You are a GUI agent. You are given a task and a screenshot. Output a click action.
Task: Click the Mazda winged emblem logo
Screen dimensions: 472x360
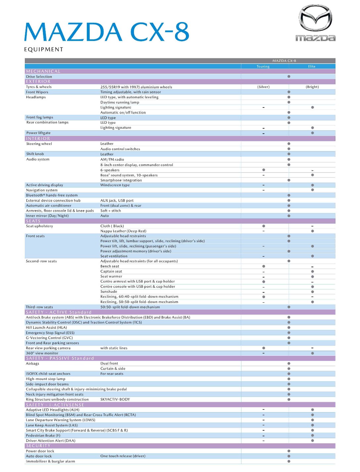pos(315,18)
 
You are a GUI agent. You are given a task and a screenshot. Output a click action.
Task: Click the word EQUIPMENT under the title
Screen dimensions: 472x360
pos(43,49)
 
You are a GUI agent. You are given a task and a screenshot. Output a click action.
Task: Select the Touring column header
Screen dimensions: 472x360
pos(263,66)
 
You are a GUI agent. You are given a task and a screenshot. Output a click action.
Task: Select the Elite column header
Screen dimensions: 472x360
pos(312,66)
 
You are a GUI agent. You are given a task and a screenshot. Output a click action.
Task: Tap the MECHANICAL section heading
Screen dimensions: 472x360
pos(43,71)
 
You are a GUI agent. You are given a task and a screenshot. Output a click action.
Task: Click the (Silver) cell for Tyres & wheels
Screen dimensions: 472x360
pos(263,87)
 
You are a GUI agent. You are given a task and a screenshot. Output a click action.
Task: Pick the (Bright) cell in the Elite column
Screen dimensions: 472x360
pos(312,87)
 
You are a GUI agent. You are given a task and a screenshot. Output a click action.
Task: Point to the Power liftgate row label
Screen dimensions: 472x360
pos(38,133)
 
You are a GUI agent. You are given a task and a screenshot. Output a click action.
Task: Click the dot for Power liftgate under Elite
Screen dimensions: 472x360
pos(312,133)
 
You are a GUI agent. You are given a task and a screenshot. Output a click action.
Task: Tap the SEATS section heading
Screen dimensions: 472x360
pos(33,221)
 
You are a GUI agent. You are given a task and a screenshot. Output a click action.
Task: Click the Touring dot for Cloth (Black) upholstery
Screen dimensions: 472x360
pos(263,226)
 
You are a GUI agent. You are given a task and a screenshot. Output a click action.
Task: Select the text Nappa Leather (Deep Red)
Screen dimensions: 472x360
pos(123,231)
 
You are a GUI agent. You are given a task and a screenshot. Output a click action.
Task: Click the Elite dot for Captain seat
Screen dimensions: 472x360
pos(312,272)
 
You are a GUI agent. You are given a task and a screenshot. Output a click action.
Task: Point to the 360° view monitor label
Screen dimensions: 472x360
pos(42,353)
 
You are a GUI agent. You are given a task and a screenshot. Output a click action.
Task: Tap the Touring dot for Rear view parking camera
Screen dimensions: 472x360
pos(263,348)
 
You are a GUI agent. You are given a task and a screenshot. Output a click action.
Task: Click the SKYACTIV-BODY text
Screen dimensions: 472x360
pos(115,400)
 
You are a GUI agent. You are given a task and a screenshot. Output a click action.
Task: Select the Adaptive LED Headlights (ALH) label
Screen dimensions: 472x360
pos(53,410)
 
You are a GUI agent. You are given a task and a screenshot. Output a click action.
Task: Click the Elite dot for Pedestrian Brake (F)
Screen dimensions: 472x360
pos(312,436)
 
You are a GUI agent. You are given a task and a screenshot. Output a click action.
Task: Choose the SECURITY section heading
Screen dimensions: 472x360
pos(38,446)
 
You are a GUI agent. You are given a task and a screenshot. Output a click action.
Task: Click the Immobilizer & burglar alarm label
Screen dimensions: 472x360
pos(50,461)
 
